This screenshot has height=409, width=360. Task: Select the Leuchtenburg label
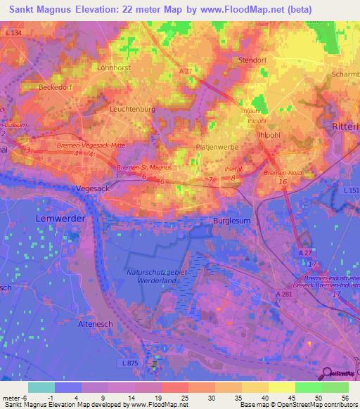click(x=132, y=110)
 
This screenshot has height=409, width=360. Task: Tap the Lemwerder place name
click(x=60, y=219)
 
